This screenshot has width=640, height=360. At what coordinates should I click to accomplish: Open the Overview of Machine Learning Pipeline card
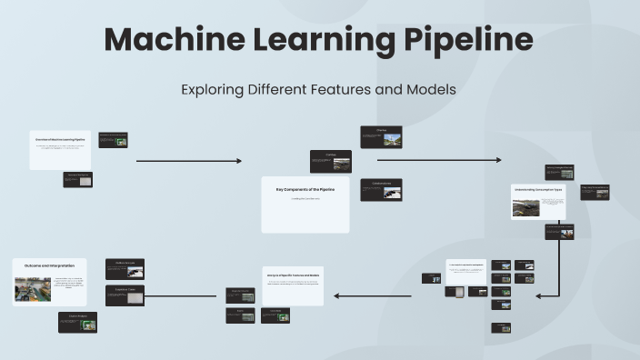click(60, 150)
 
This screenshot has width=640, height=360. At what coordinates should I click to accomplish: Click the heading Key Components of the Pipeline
click(305, 189)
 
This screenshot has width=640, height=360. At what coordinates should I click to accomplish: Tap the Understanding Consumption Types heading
click(538, 190)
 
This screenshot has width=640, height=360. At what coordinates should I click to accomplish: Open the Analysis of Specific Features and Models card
click(293, 275)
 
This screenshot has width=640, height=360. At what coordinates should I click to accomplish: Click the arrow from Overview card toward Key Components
click(188, 161)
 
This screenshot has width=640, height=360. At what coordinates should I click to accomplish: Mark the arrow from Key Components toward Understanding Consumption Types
click(438, 160)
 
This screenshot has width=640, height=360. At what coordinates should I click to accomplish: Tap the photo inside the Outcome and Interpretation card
click(33, 288)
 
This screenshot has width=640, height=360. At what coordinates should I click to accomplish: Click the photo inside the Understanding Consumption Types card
click(525, 207)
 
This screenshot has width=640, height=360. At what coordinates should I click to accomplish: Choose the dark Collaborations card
click(380, 189)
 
